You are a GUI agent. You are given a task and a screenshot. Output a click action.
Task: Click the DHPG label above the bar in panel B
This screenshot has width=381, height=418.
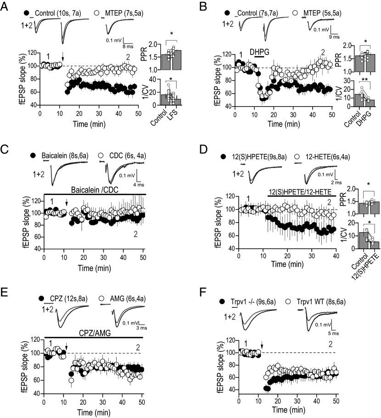258,52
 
